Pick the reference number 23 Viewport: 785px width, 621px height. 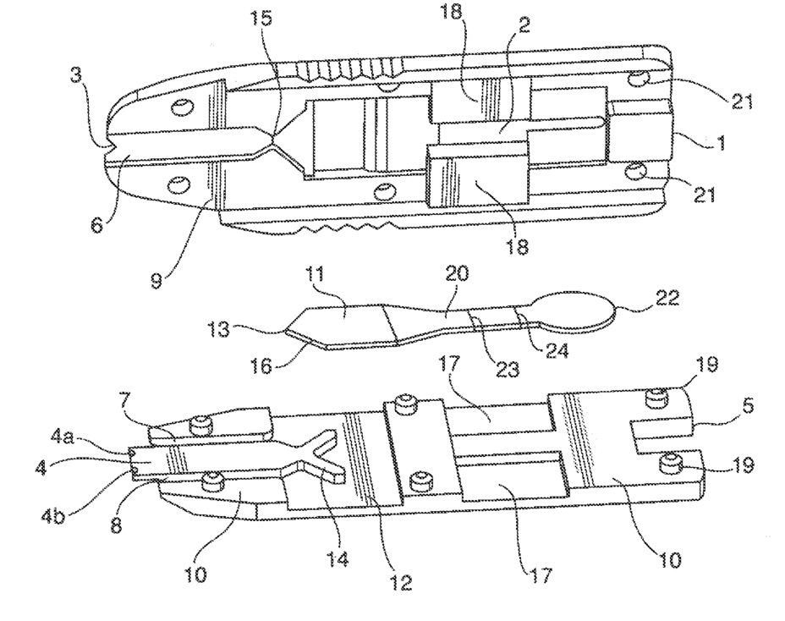coord(488,368)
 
